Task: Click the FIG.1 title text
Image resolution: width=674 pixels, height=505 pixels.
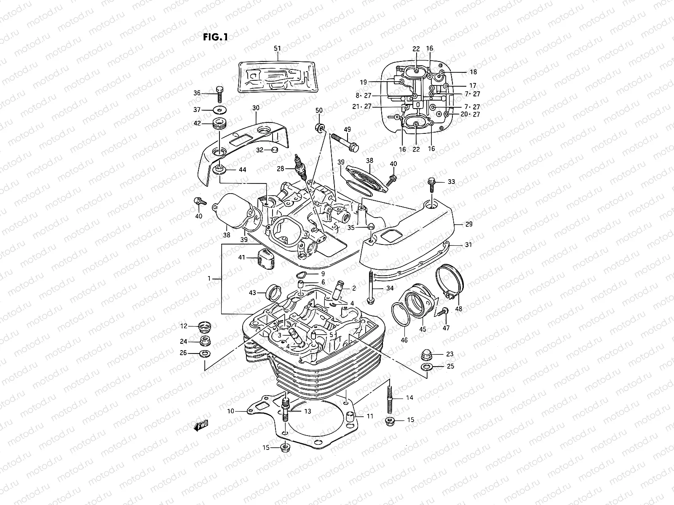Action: pyautogui.click(x=215, y=37)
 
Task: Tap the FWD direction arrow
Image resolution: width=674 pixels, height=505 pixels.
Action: pyautogui.click(x=201, y=426)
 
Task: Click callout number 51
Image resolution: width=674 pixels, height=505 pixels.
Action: pyautogui.click(x=277, y=49)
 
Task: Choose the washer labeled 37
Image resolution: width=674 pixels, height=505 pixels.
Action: pyautogui.click(x=219, y=110)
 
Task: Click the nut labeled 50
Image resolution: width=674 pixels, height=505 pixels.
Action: pyautogui.click(x=320, y=127)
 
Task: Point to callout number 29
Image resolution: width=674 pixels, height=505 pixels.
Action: pyautogui.click(x=469, y=224)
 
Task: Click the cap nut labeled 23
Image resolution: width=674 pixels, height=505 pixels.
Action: pyautogui.click(x=426, y=355)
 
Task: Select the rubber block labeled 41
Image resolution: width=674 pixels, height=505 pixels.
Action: pyautogui.click(x=265, y=256)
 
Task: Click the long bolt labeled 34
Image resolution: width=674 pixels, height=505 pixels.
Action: pyautogui.click(x=370, y=287)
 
